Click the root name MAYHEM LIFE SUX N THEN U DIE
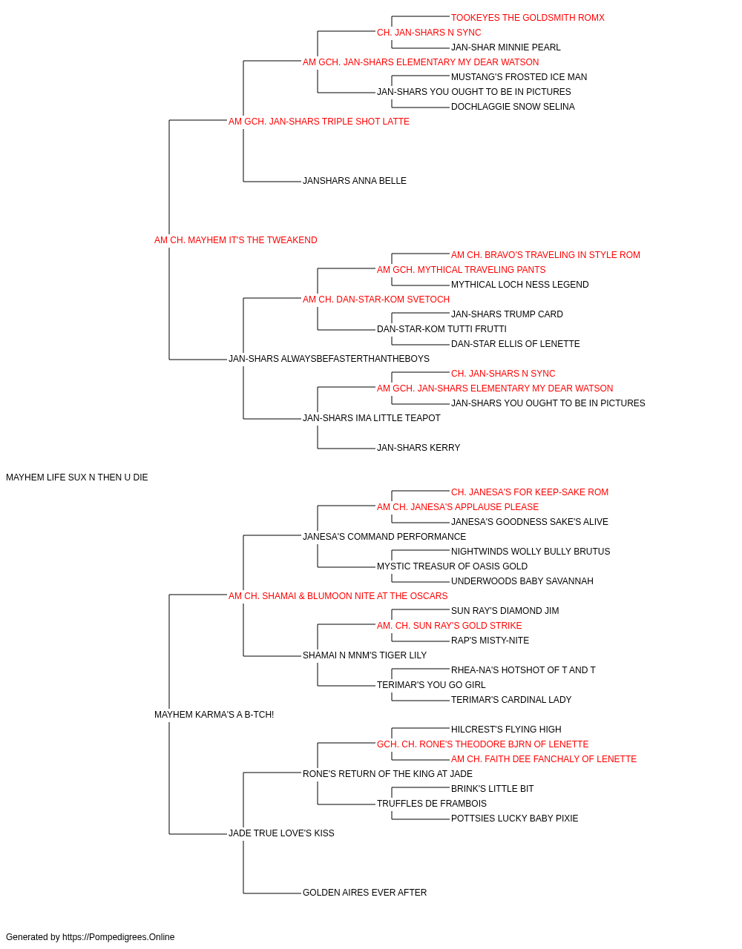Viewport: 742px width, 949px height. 77,477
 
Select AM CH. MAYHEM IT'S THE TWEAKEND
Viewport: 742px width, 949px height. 235,240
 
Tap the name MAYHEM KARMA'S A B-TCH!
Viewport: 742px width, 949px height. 214,715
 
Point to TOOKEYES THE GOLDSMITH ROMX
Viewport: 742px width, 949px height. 528,18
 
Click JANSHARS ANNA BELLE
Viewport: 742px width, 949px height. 355,181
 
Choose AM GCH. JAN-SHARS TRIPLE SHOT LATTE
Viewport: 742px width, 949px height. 319,122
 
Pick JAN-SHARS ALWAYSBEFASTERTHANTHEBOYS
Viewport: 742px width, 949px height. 329,359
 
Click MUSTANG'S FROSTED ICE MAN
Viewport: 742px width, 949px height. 519,77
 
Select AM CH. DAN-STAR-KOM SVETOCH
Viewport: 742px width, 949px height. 376,300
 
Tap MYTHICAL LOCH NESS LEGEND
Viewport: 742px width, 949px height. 519,285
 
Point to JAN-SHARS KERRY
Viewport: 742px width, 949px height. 418,448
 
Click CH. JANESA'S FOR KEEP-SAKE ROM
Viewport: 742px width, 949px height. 530,492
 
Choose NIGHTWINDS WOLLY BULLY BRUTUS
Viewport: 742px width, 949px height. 531,552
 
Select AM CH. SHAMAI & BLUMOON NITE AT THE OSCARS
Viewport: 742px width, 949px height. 338,596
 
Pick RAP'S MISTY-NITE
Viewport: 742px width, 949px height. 490,641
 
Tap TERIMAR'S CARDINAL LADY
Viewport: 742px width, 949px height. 511,700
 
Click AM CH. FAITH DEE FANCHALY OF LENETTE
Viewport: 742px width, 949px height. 544,759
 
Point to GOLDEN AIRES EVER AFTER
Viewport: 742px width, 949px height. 364,893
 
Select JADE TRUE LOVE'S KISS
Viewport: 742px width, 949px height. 281,833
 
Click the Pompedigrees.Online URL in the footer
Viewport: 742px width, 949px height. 119,937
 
